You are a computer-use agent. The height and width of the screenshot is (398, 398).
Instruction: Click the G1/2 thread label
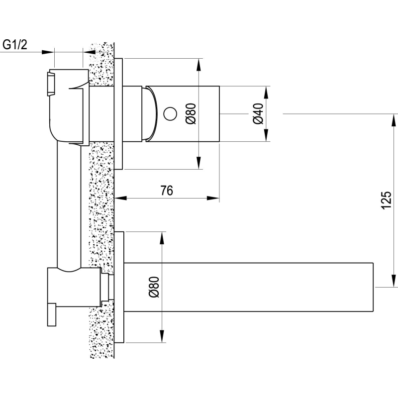click(15, 45)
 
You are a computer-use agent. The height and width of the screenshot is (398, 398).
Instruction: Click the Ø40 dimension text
click(258, 113)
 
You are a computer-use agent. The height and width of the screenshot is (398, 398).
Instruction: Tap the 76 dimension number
click(167, 191)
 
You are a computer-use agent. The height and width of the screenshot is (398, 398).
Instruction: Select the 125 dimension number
click(386, 200)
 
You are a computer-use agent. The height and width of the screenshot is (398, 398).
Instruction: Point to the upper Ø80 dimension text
click(191, 113)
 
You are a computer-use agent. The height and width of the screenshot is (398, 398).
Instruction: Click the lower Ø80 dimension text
click(154, 287)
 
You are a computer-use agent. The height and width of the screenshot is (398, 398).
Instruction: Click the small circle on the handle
click(170, 114)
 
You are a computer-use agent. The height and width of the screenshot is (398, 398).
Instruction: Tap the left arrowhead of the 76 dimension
click(121, 198)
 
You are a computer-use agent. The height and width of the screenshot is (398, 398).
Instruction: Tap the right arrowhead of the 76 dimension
click(213, 198)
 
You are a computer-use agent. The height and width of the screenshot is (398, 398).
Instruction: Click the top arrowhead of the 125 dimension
click(394, 120)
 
